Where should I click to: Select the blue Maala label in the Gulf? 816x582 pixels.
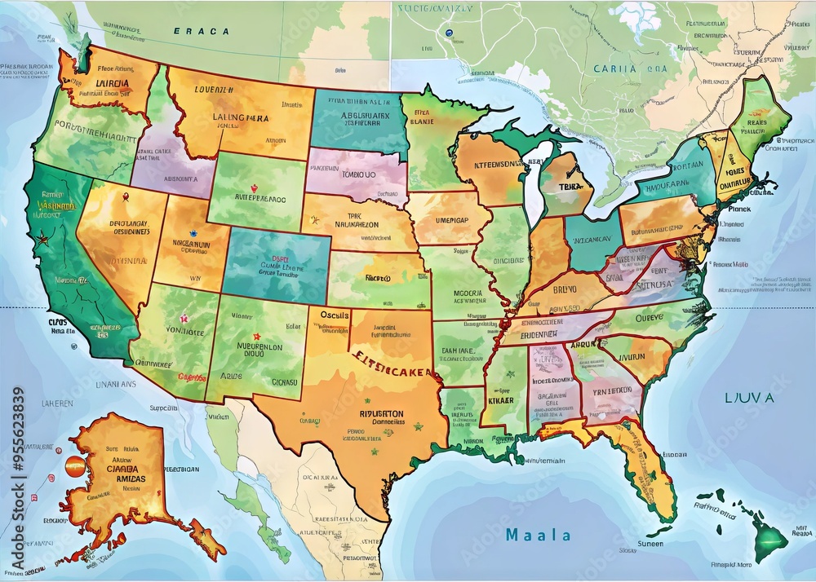tap(538, 536)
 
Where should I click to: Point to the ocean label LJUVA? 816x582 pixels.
tap(748, 398)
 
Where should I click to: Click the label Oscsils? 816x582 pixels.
tap(335, 315)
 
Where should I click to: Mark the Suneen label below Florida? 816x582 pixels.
tap(650, 544)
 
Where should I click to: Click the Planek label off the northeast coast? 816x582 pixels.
tap(738, 209)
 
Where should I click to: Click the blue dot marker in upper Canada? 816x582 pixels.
tap(448, 33)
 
